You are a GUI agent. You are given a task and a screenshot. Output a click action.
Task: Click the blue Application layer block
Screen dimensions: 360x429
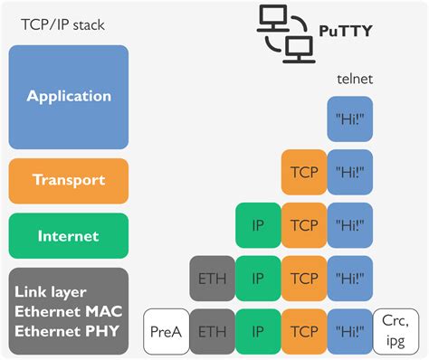(x=69, y=96)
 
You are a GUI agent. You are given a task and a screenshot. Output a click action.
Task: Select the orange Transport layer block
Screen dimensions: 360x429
(x=69, y=180)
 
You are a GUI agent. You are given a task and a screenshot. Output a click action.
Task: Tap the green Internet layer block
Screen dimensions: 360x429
(x=69, y=236)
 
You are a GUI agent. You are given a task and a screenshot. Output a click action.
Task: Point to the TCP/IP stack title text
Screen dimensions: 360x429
(x=63, y=24)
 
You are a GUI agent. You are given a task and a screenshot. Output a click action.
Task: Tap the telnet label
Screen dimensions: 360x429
(x=354, y=79)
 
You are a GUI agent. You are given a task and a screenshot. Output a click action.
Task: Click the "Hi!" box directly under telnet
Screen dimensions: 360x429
(x=349, y=119)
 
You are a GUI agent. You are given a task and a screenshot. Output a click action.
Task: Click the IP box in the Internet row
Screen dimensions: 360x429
(x=258, y=225)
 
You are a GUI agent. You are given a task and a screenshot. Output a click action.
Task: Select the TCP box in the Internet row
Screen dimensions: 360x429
(x=304, y=225)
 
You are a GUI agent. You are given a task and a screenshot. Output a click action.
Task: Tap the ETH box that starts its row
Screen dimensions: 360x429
(x=211, y=278)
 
